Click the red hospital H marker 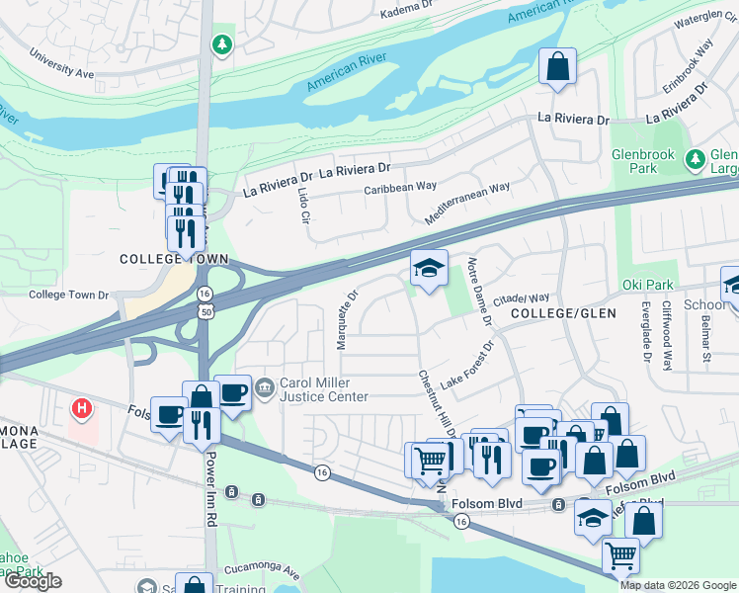tap(83, 407)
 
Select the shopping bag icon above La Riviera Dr tap(557, 68)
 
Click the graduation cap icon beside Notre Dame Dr tap(429, 269)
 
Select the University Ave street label tap(61, 65)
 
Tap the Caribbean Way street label tap(400, 188)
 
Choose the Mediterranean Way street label tap(466, 201)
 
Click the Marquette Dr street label tap(350, 313)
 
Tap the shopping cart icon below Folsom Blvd tap(620, 556)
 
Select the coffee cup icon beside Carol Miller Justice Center tap(233, 393)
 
